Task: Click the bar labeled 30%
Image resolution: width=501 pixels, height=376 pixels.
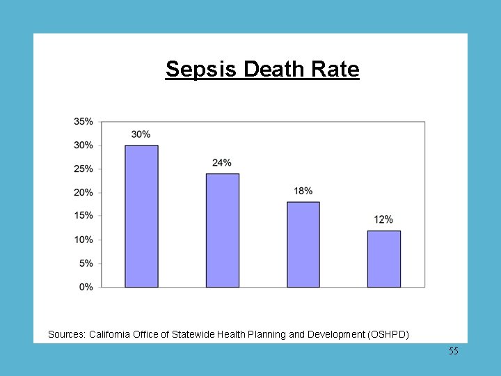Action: pyautogui.click(x=141, y=216)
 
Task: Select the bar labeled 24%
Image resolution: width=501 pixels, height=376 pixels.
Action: pyautogui.click(x=222, y=230)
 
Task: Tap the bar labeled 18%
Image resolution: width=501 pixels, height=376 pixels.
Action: pyautogui.click(x=303, y=244)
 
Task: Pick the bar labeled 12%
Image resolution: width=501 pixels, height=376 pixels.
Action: pyautogui.click(x=383, y=258)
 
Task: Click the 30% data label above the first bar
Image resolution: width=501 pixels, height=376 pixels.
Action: pyautogui.click(x=141, y=134)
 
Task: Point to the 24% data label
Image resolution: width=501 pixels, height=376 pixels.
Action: pyautogui.click(x=222, y=163)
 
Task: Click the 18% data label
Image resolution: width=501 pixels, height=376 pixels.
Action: pyautogui.click(x=303, y=191)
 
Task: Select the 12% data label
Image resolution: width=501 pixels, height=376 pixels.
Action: pyautogui.click(x=383, y=220)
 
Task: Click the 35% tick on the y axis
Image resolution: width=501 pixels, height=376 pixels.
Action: pyautogui.click(x=83, y=122)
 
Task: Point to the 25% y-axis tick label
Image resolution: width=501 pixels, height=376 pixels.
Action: pyautogui.click(x=83, y=169)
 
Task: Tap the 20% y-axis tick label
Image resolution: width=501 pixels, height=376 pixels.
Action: pyautogui.click(x=83, y=193)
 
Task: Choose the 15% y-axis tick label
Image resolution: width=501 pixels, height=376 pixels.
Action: pyautogui.click(x=83, y=216)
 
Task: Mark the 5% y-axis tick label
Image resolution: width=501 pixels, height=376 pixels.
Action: pyautogui.click(x=86, y=263)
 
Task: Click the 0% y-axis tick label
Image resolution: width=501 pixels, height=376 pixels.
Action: pyautogui.click(x=86, y=287)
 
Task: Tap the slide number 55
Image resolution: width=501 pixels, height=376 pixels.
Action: pyautogui.click(x=454, y=352)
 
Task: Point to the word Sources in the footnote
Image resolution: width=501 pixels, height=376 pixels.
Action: pyautogui.click(x=67, y=335)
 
